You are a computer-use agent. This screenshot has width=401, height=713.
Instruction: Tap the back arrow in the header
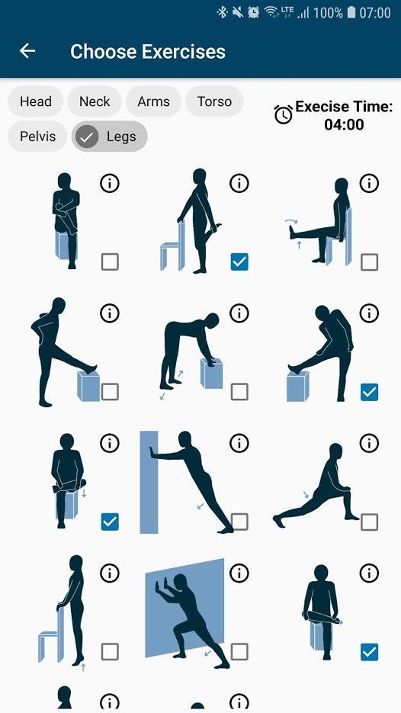click(27, 51)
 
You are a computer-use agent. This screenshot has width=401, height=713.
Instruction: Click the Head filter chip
click(36, 101)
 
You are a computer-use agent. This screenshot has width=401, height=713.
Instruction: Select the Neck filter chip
click(95, 101)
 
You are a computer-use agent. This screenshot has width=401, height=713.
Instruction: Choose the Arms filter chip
click(153, 101)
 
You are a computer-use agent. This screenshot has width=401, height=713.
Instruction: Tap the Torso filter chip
click(214, 101)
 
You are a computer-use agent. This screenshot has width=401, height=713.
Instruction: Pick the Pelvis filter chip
click(37, 136)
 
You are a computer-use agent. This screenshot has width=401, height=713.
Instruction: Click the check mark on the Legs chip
click(87, 136)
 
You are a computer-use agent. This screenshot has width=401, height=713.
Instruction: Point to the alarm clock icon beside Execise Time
click(284, 114)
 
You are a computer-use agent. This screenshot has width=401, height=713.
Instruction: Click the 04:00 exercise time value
click(344, 124)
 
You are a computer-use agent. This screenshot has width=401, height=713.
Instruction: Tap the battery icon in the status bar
click(351, 12)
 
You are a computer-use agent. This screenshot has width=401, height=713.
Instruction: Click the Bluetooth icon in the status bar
click(222, 12)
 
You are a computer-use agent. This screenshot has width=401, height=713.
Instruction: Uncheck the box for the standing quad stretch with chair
click(239, 262)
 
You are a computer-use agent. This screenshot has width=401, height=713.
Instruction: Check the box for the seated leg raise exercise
click(369, 262)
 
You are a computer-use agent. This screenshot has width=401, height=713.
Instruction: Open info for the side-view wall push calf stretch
click(239, 443)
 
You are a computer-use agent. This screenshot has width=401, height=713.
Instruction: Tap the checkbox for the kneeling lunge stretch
click(369, 522)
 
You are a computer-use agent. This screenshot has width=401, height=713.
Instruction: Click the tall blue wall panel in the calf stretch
click(149, 482)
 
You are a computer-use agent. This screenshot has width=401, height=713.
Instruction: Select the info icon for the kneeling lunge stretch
click(369, 443)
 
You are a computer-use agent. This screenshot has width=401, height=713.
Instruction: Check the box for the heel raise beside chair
click(110, 651)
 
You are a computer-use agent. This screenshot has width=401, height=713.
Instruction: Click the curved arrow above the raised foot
click(291, 221)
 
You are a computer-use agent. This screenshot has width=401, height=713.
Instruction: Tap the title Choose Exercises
click(148, 51)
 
